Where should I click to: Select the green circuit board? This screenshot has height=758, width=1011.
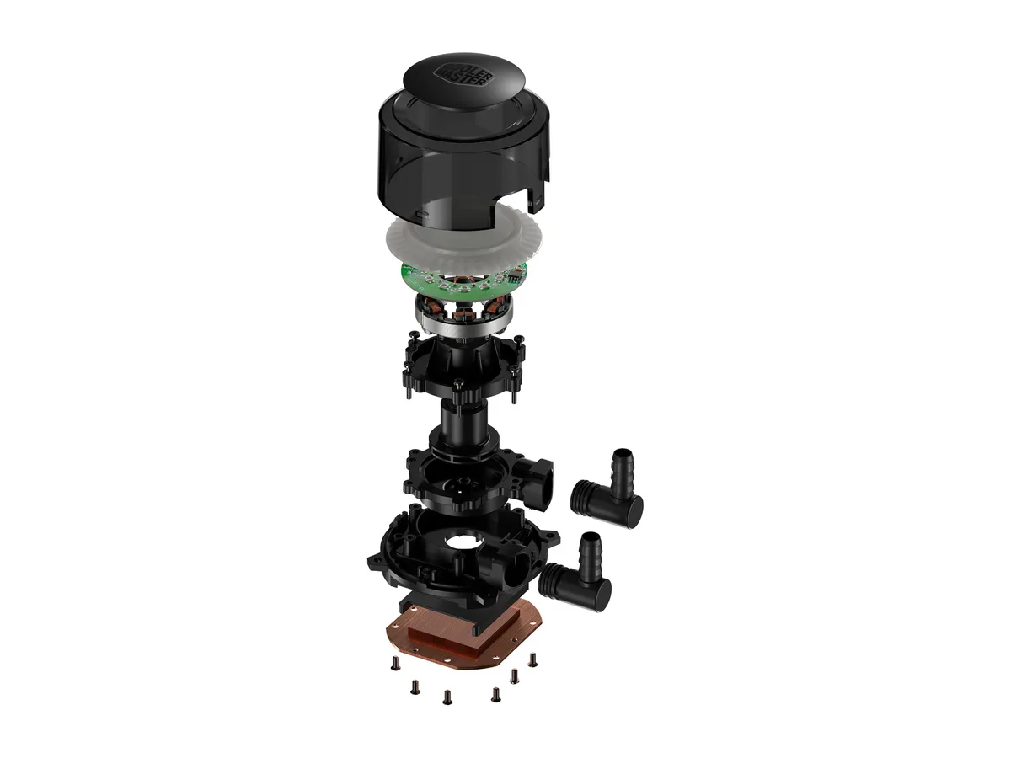coord(463,280)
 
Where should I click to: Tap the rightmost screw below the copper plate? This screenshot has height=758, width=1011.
coord(533,660)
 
